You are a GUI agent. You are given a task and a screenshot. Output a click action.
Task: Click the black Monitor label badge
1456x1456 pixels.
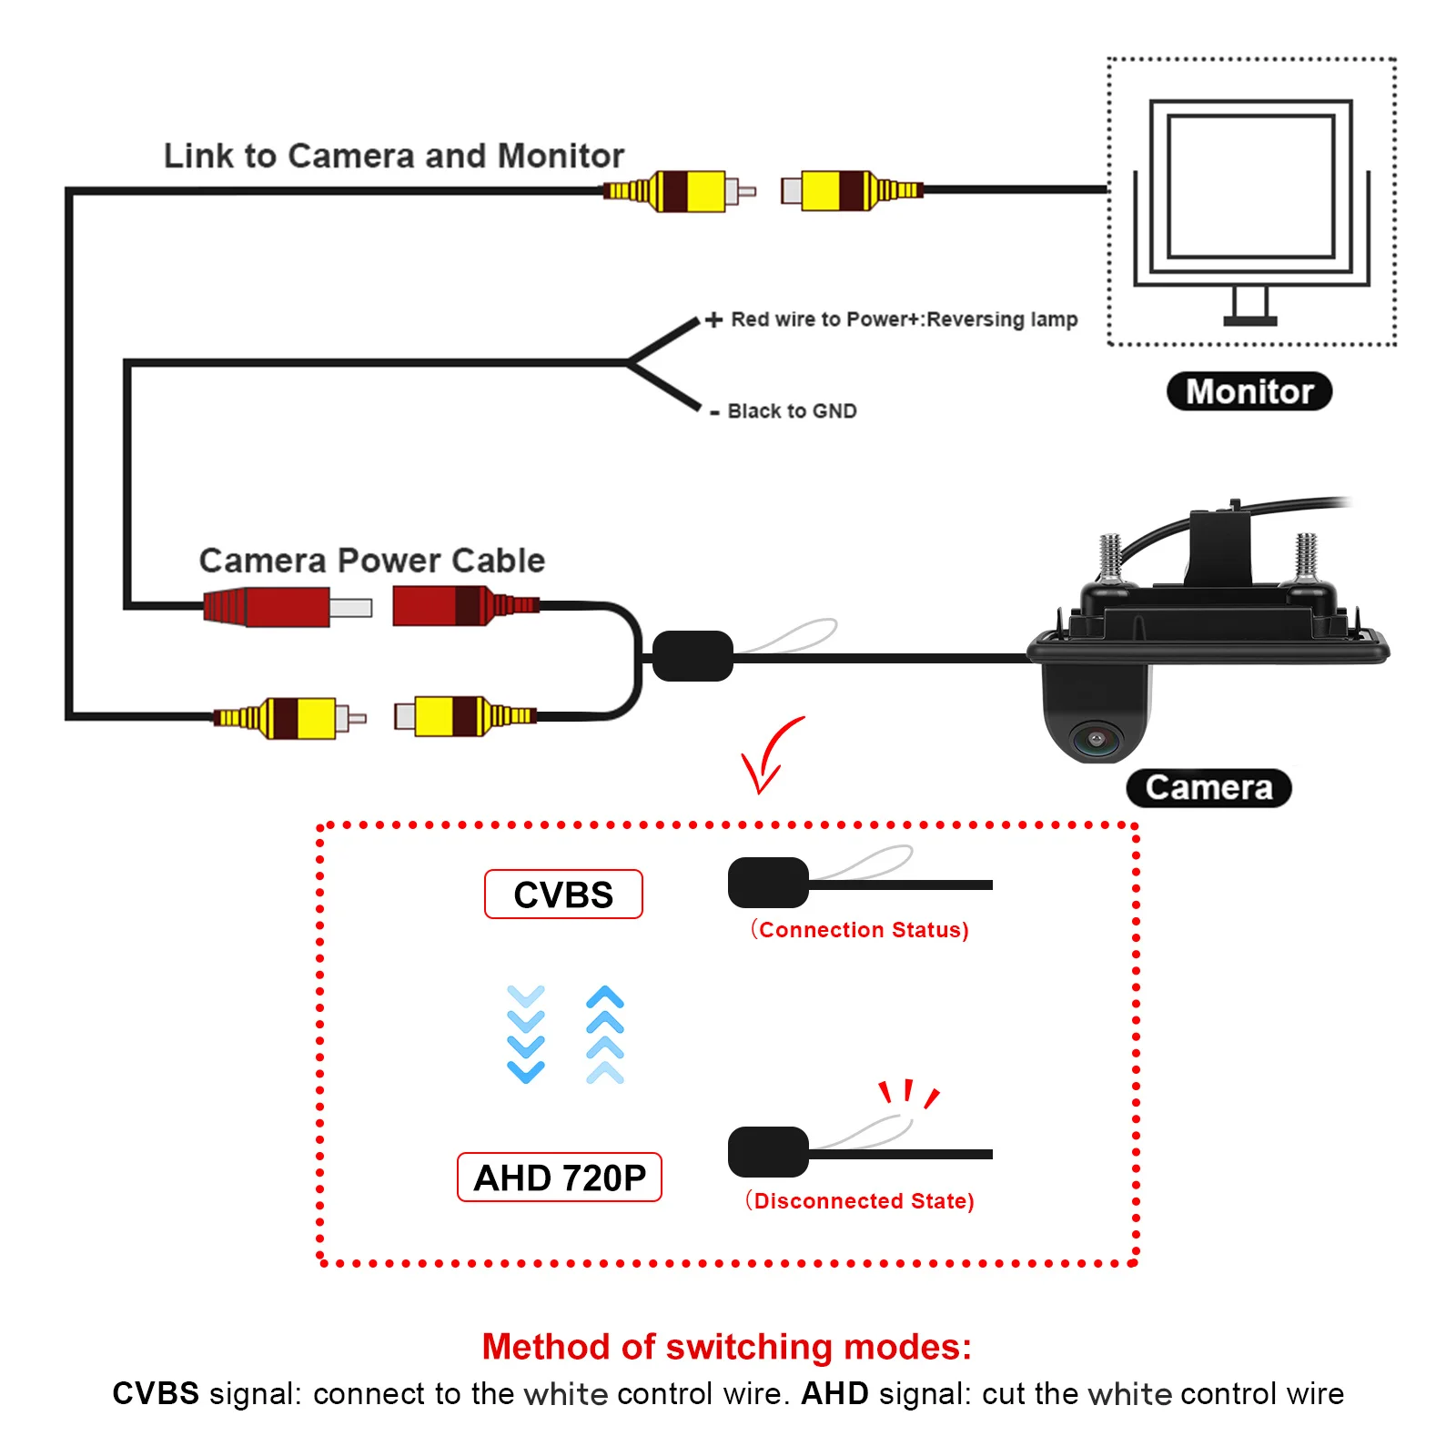pyautogui.click(x=1249, y=391)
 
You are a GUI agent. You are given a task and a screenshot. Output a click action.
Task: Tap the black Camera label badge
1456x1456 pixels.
pyautogui.click(x=1208, y=788)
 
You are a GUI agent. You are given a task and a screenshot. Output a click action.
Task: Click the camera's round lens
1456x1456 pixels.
pyautogui.click(x=1097, y=738)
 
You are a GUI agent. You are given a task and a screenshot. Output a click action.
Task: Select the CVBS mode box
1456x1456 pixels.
pyautogui.click(x=563, y=895)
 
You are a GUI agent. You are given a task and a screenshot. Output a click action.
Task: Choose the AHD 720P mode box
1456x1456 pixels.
pyautogui.click(x=560, y=1178)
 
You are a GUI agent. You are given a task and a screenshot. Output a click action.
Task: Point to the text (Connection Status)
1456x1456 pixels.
pyautogui.click(x=860, y=930)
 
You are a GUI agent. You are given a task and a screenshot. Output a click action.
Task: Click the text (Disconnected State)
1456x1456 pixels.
pyautogui.click(x=860, y=1201)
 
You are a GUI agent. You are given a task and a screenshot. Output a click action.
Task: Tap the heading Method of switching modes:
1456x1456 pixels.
pyautogui.click(x=727, y=1347)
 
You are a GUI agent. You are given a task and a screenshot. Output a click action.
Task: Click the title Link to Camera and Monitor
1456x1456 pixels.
pyautogui.click(x=394, y=156)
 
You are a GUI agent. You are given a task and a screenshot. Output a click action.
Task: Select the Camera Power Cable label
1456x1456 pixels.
pyautogui.click(x=372, y=561)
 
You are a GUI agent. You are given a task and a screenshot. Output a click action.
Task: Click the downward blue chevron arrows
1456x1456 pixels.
pyautogui.click(x=526, y=1034)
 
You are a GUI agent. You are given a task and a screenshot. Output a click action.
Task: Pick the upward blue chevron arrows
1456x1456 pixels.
pyautogui.click(x=605, y=1034)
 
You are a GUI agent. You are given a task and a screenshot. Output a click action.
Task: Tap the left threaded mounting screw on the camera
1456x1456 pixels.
pyautogui.click(x=1110, y=556)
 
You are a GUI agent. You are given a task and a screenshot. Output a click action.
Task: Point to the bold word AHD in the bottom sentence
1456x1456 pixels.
pyautogui.click(x=834, y=1393)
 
